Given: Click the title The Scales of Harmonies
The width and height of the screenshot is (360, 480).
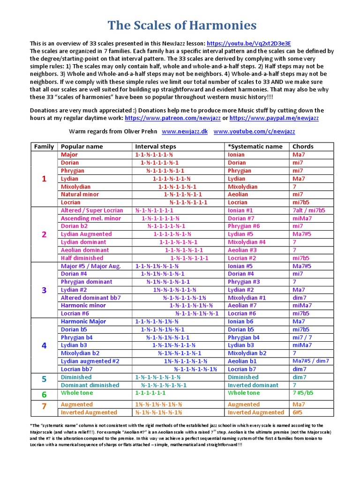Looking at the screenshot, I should point(182,25).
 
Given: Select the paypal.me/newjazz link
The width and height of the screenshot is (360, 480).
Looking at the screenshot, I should point(274,118).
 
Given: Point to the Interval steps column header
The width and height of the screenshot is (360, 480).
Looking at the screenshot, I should point(156,146).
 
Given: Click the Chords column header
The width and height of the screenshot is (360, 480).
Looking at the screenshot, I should point(303,146).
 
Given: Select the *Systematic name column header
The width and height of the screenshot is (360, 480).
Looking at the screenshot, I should point(255,146).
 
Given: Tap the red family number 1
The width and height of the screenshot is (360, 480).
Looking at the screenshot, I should point(44,179).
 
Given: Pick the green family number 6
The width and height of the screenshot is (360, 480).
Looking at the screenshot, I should point(44,394).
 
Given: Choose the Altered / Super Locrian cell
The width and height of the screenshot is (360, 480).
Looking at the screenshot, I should point(92,210).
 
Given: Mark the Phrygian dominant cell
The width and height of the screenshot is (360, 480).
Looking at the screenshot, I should point(86,282).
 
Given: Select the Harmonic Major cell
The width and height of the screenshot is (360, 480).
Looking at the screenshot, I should point(83,322).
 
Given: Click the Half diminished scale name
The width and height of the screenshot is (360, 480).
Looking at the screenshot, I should point(82,258).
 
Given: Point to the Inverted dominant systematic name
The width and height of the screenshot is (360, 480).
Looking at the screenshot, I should point(253,385).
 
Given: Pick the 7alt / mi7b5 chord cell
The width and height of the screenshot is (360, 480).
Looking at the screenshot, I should point(308,210).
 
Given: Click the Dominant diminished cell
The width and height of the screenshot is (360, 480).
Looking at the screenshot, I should point(90,385).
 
